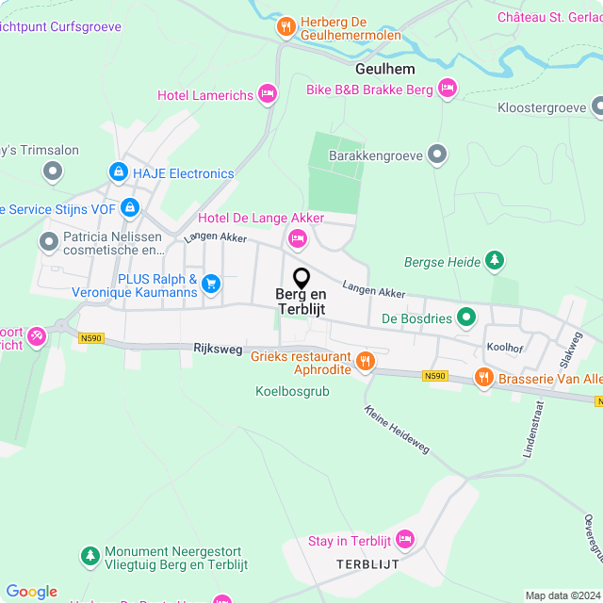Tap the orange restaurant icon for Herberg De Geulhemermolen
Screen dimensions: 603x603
(x=285, y=26)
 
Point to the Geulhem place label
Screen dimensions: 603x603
(x=385, y=69)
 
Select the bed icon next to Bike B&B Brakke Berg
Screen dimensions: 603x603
(x=447, y=90)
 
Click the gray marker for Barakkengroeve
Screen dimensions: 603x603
(x=436, y=154)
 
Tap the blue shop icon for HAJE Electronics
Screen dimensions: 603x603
(x=118, y=172)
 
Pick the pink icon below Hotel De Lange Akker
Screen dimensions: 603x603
(x=298, y=238)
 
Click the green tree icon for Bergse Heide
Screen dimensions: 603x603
(x=494, y=260)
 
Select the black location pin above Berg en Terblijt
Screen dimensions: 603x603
(x=301, y=278)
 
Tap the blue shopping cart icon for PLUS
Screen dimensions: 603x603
(x=211, y=282)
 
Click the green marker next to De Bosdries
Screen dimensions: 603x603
(x=464, y=318)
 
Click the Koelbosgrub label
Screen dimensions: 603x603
(x=292, y=391)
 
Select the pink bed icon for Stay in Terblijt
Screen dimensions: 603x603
(x=405, y=539)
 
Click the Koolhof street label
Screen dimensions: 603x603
(x=504, y=347)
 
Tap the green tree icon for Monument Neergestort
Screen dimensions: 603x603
(x=90, y=557)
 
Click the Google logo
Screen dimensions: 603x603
(x=31, y=592)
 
